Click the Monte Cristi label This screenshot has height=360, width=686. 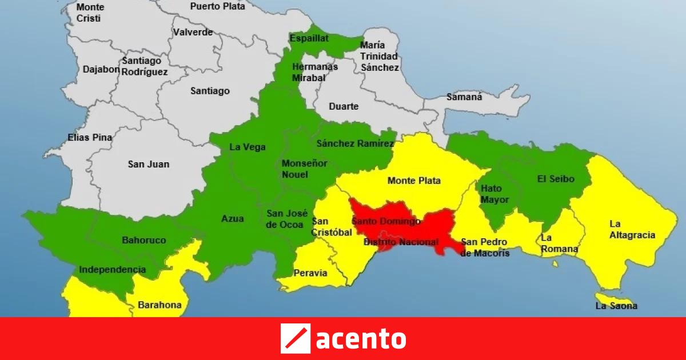point(90,13)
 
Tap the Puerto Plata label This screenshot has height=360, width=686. point(217,6)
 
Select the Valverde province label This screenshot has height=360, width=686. point(193,33)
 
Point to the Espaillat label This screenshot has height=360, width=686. point(309,38)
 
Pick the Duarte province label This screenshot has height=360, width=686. point(344,106)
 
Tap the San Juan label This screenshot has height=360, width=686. point(149,164)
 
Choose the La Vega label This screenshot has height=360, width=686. point(248,147)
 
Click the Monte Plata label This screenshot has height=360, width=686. point(414,181)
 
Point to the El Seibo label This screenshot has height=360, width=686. point(555,179)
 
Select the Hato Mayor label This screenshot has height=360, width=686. point(491,194)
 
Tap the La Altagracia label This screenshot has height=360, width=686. point(632,229)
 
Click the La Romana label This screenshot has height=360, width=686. point(559,243)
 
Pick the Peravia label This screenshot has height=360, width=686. point(310,273)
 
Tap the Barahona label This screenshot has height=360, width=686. point(159,305)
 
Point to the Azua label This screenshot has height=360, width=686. point(233,218)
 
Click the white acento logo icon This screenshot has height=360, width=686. point(295,338)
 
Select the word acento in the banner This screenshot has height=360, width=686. point(361,339)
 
